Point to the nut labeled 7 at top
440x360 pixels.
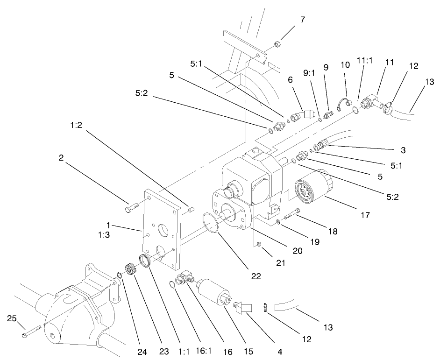[x=277, y=44]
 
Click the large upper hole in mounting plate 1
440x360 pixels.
[x=164, y=231]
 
